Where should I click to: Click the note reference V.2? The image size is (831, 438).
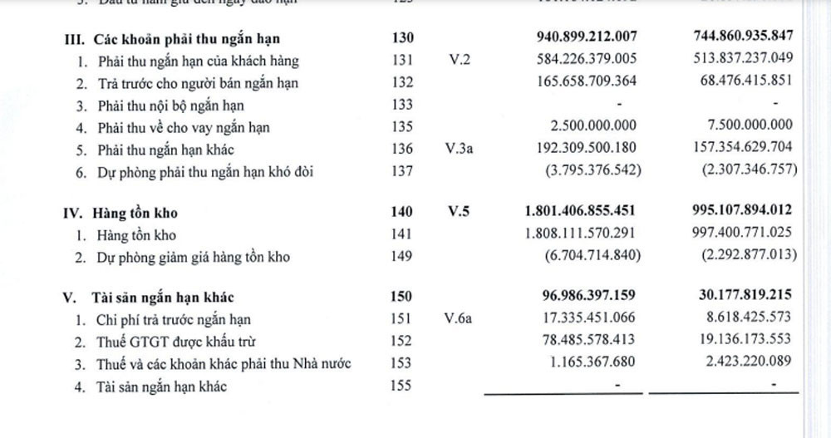(x=460, y=61)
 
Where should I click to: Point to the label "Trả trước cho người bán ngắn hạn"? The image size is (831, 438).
(x=199, y=82)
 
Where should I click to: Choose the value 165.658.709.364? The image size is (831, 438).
(x=581, y=82)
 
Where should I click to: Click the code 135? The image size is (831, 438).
(x=400, y=127)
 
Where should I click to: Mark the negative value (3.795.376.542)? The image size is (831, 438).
(x=585, y=172)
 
